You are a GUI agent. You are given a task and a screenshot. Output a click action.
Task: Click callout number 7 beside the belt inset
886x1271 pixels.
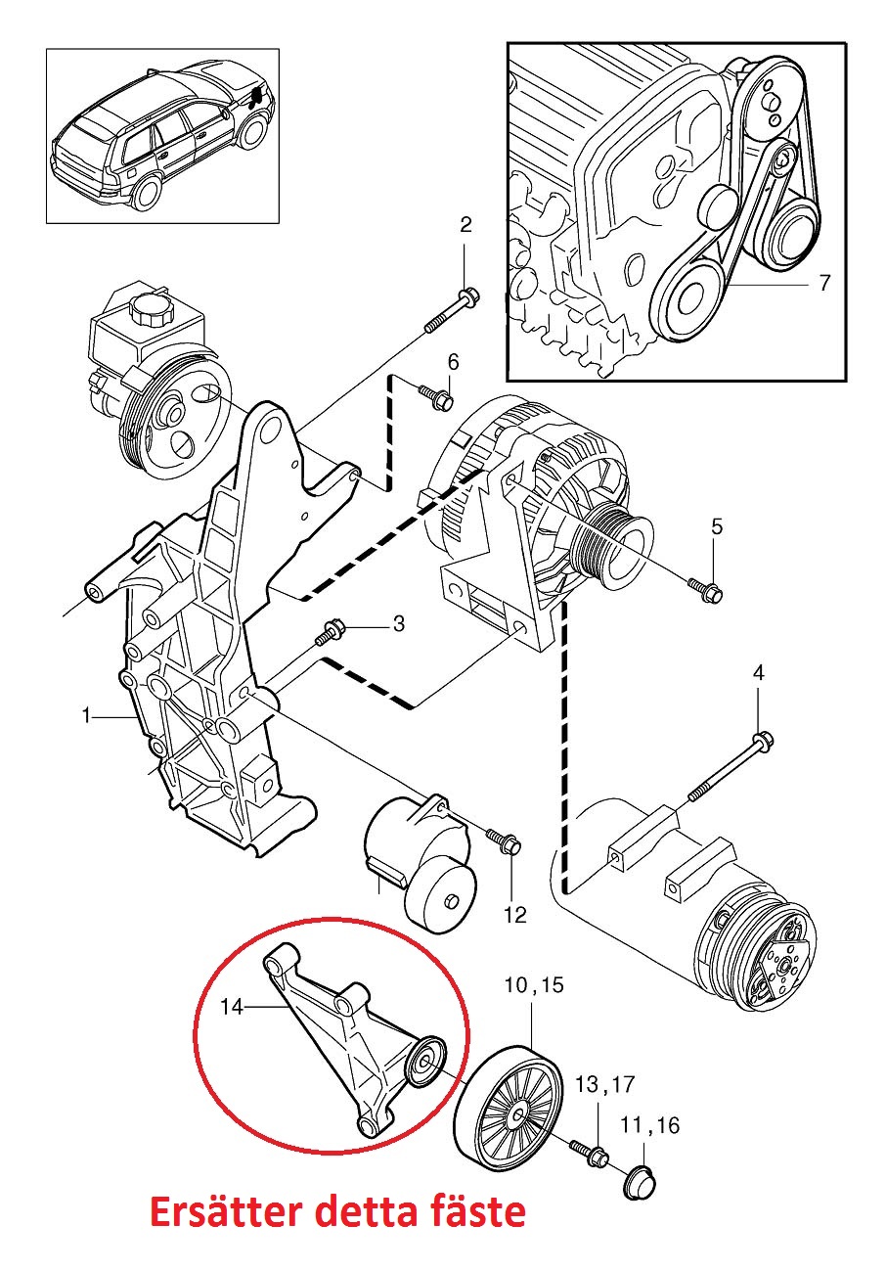[823, 284]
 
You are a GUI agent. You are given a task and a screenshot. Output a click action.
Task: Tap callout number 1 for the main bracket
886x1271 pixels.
[87, 717]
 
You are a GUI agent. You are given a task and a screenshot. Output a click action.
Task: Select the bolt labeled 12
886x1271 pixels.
[505, 840]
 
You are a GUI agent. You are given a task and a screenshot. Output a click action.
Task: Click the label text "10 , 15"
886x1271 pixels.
[534, 985]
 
